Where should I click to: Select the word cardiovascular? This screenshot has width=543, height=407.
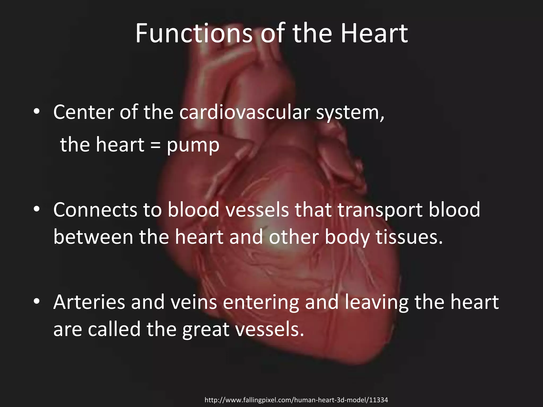(x=245, y=112)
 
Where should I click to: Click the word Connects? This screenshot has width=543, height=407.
(x=95, y=210)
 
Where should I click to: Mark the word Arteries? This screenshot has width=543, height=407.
(x=89, y=302)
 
